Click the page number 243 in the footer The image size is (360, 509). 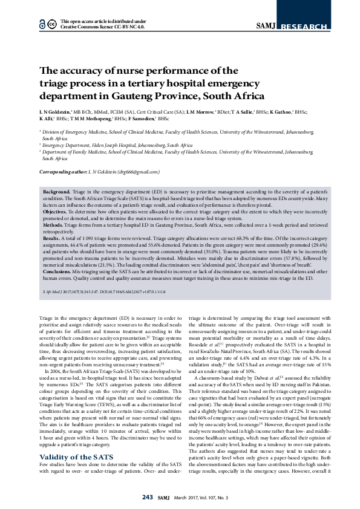coord(148,498)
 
